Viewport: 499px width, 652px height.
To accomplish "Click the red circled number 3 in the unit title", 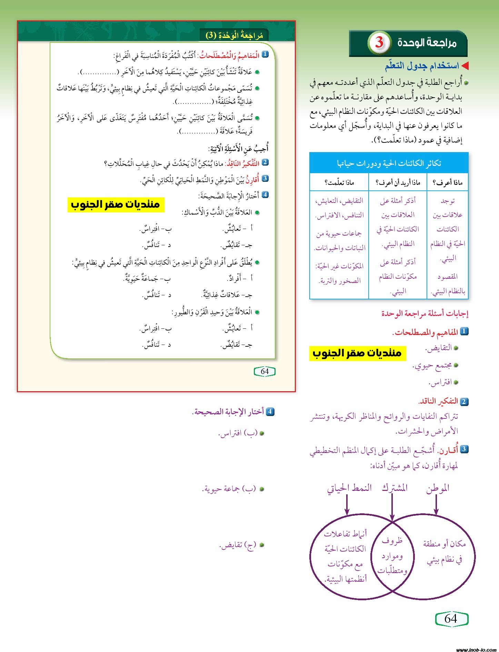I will tap(379, 43).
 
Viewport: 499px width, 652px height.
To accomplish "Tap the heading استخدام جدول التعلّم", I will tap(422, 66).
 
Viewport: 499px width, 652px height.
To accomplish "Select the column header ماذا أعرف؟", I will tap(447, 182).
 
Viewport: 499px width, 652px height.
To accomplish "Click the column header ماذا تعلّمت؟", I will tap(339, 182).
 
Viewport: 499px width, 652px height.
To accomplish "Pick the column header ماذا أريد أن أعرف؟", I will tap(398, 182).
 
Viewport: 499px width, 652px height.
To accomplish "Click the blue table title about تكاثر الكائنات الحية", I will tap(389, 163).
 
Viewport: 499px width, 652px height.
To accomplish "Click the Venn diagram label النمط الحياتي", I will tap(349, 488).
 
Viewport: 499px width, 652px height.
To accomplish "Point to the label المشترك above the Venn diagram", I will tap(395, 488).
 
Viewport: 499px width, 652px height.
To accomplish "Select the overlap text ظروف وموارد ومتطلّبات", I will tap(392, 556).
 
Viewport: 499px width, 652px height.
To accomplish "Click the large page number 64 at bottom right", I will tap(451, 619).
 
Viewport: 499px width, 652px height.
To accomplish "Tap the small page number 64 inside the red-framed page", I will tap(265, 372).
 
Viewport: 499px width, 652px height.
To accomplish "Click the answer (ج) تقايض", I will tap(238, 545).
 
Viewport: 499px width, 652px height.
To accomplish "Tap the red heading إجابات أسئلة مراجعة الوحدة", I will tap(425, 314).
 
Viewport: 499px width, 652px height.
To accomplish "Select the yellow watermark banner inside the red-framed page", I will tap(116, 205).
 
